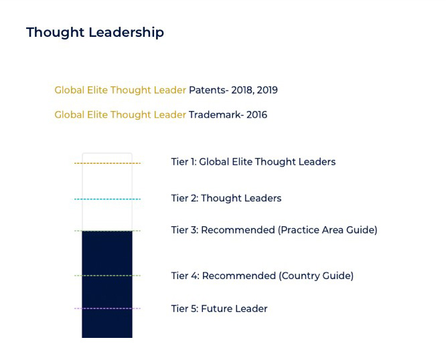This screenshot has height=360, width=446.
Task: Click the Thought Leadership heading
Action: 95,32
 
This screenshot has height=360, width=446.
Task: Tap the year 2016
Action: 257,115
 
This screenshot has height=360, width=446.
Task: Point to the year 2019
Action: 267,90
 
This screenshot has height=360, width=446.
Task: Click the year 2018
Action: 242,90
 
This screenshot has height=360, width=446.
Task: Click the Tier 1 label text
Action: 253,162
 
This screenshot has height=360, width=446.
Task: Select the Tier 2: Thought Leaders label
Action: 226,198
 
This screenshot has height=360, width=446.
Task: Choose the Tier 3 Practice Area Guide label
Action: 274,230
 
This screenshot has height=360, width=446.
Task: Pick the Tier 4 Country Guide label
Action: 263,276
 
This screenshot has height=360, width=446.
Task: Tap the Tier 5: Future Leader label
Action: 219,308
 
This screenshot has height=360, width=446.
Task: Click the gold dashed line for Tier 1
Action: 107,163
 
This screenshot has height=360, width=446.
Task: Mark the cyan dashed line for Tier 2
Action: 107,199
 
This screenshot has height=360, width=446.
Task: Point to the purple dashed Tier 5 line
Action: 107,308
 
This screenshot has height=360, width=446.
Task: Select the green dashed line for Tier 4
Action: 107,276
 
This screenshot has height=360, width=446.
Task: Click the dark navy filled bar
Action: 107,284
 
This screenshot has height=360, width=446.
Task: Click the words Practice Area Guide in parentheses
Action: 327,230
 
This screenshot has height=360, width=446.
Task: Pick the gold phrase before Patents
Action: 120,90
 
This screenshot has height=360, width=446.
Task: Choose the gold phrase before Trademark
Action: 120,115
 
